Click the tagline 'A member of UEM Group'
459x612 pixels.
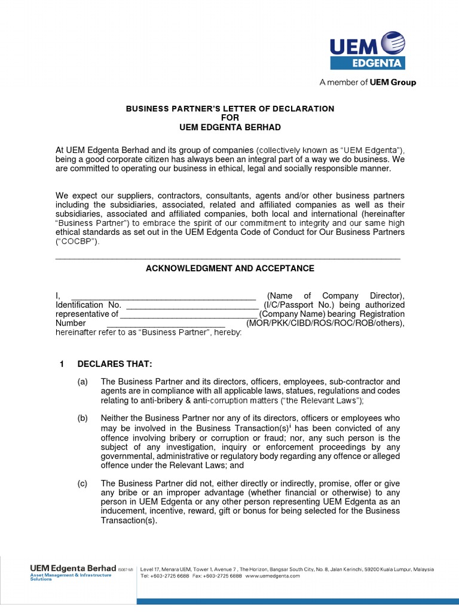tap(368, 82)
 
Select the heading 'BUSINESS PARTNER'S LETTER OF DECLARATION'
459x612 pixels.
tap(229, 108)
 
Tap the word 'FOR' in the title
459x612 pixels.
tap(230, 118)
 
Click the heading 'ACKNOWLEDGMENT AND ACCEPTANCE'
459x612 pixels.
tap(230, 268)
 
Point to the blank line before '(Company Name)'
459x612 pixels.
tap(188, 314)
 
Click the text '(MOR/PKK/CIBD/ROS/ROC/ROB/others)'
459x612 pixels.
tap(325, 323)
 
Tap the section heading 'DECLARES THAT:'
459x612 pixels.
tap(106, 364)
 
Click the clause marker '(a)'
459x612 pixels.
tap(82, 381)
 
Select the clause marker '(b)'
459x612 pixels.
tap(82, 418)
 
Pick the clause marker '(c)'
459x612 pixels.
tap(82, 483)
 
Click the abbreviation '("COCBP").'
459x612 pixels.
tap(78, 242)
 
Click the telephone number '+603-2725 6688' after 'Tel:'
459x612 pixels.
tap(174, 576)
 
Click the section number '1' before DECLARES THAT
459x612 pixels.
tap(61, 364)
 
